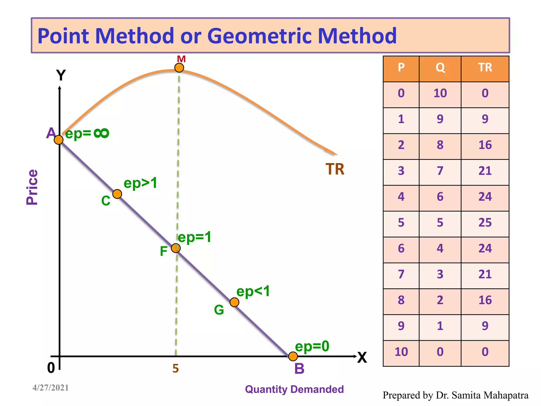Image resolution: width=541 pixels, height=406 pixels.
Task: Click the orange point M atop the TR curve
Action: pos(179,68)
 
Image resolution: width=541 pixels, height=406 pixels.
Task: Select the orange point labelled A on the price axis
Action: pos(59,140)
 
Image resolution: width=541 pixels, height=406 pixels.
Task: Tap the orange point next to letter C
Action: pos(117,194)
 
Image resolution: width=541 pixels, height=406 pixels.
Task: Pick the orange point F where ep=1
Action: pos(176,248)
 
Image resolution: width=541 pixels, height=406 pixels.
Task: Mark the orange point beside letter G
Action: pos(234,302)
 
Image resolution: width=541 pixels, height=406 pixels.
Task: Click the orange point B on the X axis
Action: pos(293,356)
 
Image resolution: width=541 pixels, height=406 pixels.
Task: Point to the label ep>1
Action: pos(140,183)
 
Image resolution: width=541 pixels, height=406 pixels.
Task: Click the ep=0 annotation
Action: pos(312,346)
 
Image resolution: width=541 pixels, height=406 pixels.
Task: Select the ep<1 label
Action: pos(253,291)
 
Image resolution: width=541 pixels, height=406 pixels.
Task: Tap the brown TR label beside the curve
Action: pos(335,169)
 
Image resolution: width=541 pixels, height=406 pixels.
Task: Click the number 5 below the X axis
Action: pos(176,368)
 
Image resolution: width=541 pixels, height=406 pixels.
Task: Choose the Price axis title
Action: pos(32,187)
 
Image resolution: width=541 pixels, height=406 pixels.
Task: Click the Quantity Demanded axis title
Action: pos(294,389)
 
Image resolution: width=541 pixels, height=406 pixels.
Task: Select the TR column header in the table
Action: pos(485,68)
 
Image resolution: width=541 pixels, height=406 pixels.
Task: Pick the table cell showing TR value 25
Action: pos(485,223)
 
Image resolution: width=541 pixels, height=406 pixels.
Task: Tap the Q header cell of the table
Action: pos(440,68)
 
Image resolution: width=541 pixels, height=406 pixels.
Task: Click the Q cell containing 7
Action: pos(440,171)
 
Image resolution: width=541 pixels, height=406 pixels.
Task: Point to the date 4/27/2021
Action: pos(50,388)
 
